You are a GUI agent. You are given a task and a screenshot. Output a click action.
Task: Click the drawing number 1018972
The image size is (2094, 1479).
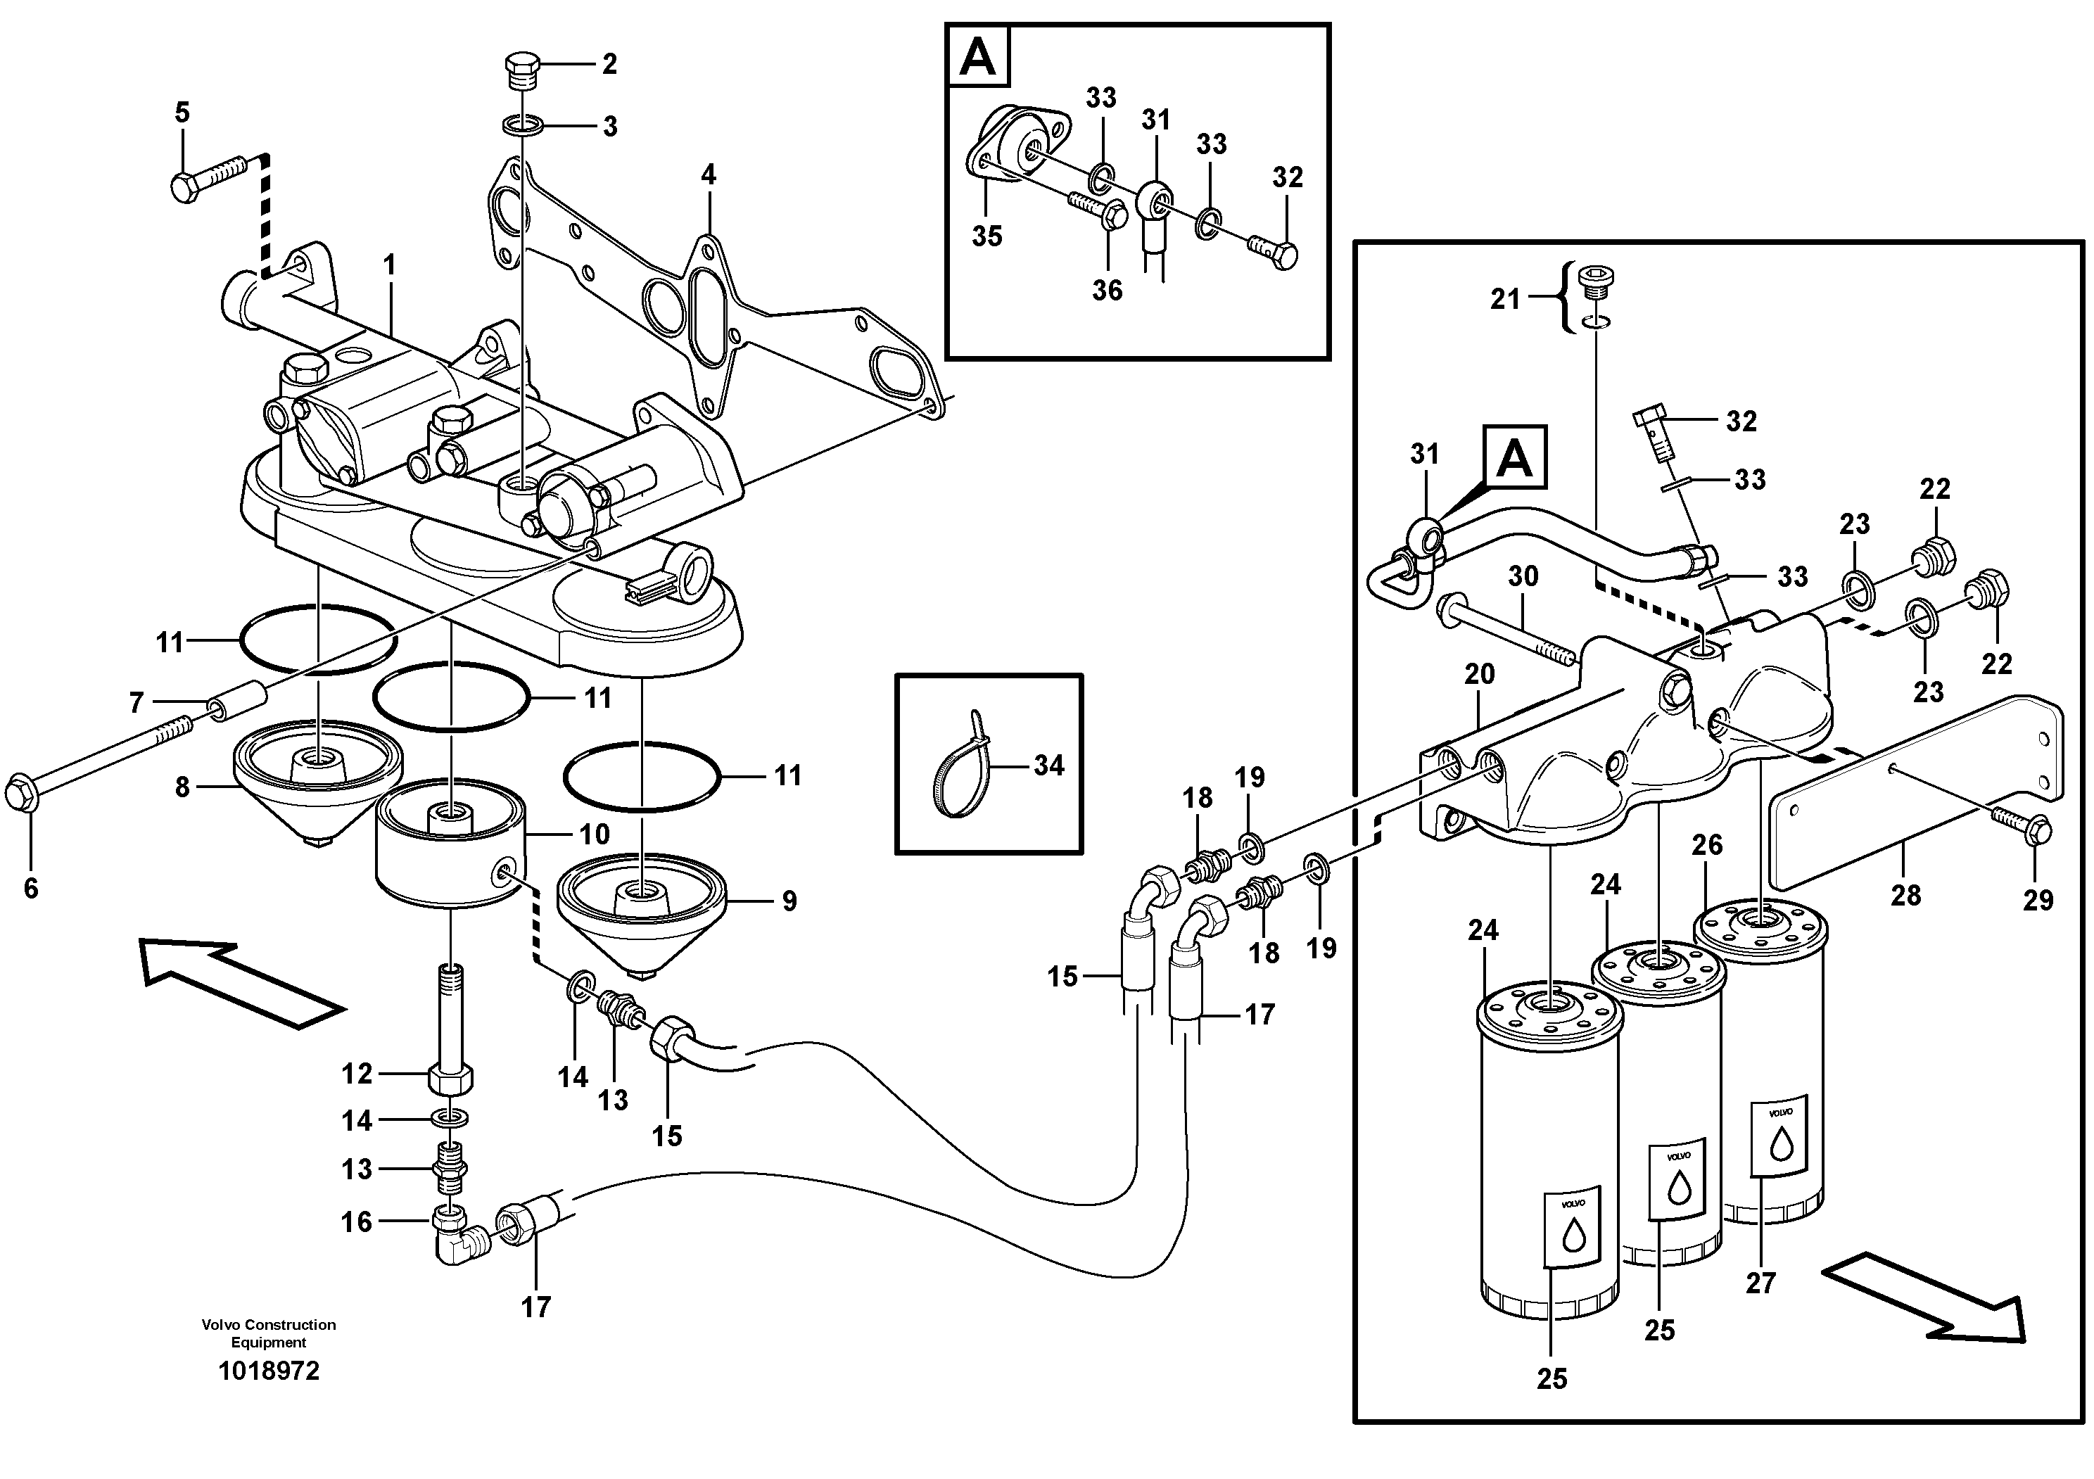tap(269, 1371)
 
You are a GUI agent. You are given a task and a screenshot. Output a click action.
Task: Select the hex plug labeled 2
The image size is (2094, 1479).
tap(521, 70)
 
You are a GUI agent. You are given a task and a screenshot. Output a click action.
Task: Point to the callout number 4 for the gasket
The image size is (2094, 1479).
tap(709, 174)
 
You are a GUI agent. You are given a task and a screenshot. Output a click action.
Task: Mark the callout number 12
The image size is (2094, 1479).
tap(357, 1074)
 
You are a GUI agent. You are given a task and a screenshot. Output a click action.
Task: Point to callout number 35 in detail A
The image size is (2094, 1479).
tap(986, 236)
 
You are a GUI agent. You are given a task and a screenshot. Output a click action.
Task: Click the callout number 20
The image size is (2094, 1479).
tap(1479, 674)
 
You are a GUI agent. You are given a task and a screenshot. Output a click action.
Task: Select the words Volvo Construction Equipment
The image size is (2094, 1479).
tap(269, 1333)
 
